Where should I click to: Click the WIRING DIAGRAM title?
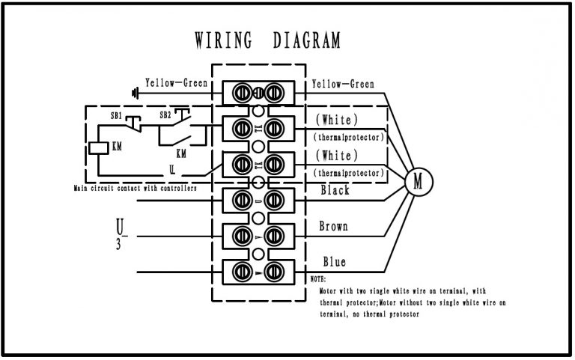(267, 39)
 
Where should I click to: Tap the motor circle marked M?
(419, 181)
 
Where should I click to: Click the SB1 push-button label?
(117, 116)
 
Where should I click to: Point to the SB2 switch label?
(165, 116)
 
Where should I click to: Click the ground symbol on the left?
(135, 94)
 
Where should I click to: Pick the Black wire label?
(335, 191)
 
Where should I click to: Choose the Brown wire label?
(334, 226)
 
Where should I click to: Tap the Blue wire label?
(334, 262)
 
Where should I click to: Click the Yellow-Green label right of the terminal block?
(343, 84)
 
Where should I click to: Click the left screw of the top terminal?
(242, 93)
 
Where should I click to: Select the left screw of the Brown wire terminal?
(242, 236)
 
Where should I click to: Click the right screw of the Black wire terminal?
(274, 201)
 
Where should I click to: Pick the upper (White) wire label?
(336, 120)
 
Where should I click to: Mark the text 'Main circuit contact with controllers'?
(136, 189)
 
